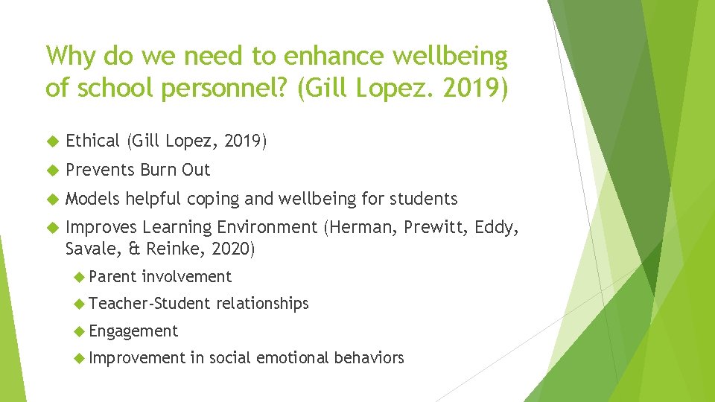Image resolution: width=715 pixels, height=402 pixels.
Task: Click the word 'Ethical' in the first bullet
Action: click(x=92, y=141)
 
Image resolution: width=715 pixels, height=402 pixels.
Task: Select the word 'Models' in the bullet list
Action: click(x=93, y=199)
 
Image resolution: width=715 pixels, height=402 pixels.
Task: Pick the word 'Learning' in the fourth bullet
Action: click(x=177, y=228)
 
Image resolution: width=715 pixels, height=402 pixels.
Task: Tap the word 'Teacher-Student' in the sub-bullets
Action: click(x=149, y=304)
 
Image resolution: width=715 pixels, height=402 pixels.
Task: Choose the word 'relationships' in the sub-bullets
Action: click(x=262, y=304)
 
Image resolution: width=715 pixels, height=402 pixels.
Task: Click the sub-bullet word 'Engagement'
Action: click(x=133, y=331)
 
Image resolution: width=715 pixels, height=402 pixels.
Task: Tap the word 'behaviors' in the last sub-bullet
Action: click(x=369, y=358)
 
